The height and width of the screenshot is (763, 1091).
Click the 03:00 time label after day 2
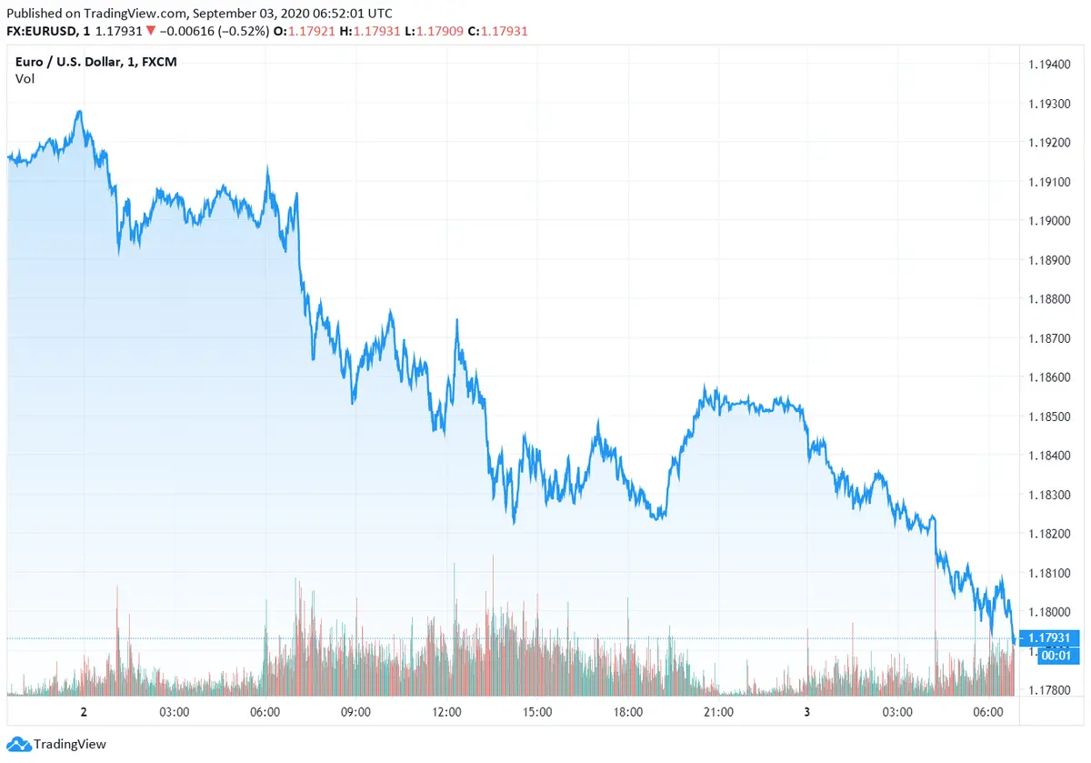tap(173, 712)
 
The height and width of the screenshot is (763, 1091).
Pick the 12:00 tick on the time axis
tap(446, 712)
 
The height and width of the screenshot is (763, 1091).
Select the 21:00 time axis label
tap(718, 712)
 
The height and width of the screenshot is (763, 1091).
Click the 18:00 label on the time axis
tap(627, 712)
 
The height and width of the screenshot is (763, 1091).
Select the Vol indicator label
tap(25, 79)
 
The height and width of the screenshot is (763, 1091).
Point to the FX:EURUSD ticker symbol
tap(40, 31)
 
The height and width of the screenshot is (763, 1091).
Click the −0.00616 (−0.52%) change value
tap(213, 31)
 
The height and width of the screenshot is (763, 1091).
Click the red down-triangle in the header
tap(151, 31)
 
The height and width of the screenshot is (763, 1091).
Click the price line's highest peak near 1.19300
tap(80, 112)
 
